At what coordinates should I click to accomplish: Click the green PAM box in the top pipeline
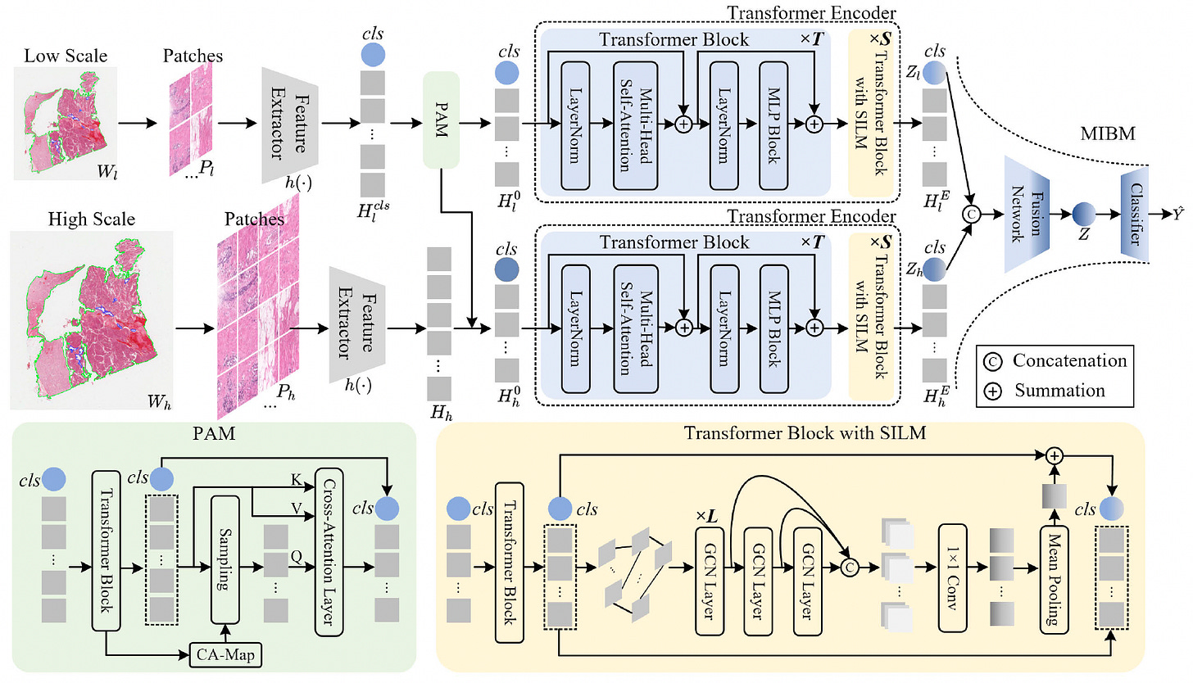(441, 120)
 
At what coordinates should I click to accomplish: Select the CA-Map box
(226, 654)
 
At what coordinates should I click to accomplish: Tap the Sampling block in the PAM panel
(225, 559)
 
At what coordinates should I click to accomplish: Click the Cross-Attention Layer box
(329, 552)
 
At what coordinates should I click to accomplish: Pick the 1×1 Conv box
(952, 577)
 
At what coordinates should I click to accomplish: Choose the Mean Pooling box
(1054, 581)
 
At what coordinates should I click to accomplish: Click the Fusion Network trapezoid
(1027, 214)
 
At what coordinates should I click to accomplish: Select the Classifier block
(1134, 214)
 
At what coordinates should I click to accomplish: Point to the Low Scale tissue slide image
(65, 123)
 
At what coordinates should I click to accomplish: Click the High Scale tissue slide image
(92, 320)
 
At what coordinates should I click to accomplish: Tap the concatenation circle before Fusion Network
(971, 214)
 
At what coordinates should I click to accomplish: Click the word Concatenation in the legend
(1069, 360)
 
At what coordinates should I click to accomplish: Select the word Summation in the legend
(1059, 390)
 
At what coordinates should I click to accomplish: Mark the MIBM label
(1108, 133)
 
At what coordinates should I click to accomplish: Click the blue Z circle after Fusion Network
(1084, 214)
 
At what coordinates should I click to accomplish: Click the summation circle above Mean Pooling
(1054, 455)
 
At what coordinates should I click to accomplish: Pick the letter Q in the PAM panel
(296, 557)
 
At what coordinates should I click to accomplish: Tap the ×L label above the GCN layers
(706, 516)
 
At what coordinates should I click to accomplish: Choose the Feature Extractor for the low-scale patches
(290, 125)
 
